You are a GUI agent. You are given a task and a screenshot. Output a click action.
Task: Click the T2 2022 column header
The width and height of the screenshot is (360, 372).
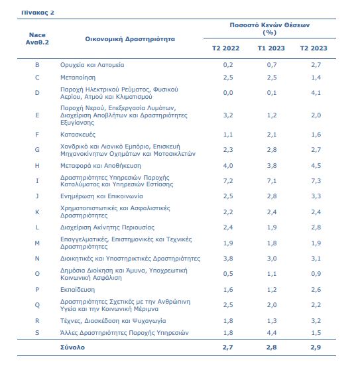pos(225,48)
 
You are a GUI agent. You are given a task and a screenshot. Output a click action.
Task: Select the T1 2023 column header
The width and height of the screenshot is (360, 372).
pos(271,48)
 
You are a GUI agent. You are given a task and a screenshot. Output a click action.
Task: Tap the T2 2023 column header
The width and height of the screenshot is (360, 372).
pos(314,48)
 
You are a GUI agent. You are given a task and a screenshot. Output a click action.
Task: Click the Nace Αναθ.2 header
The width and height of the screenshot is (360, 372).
pos(37,38)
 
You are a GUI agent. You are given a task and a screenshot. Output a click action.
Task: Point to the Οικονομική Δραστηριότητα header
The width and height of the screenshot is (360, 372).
pos(130,39)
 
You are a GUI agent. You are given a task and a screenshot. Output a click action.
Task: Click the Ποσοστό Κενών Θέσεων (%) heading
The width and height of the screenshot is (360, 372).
pos(270,29)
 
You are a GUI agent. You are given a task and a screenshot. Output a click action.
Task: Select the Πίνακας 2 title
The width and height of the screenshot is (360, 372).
pos(38,13)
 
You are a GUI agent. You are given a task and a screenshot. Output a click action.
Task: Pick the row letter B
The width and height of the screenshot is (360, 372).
pos(37,65)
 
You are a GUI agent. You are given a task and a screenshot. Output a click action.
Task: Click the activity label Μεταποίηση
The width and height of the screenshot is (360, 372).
pos(78,78)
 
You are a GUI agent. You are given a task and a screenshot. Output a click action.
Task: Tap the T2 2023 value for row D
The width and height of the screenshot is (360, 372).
pos(316,93)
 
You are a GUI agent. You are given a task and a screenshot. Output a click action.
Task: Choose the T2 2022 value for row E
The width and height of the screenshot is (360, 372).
pos(228,115)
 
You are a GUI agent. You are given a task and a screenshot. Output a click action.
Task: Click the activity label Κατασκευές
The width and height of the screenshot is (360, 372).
pos(78,135)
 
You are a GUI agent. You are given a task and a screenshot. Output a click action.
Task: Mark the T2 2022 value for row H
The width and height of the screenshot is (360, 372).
pos(228,166)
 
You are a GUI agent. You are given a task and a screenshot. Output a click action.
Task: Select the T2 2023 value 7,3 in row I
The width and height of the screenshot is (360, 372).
pos(316,181)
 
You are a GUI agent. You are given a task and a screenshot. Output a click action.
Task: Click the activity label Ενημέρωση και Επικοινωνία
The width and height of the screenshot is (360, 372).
pos(101,196)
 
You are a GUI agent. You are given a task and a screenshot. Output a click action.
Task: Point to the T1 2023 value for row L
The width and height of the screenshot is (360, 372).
pos(272,227)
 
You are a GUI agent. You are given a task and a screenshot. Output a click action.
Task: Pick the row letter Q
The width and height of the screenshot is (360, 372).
pos(37,305)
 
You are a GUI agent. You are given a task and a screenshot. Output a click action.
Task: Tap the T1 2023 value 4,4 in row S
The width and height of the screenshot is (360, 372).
pos(272,333)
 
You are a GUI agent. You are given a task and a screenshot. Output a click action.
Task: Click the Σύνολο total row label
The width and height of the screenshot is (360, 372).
pos(72,347)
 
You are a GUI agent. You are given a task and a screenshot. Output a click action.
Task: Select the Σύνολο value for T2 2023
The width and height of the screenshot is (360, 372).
pos(316,347)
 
